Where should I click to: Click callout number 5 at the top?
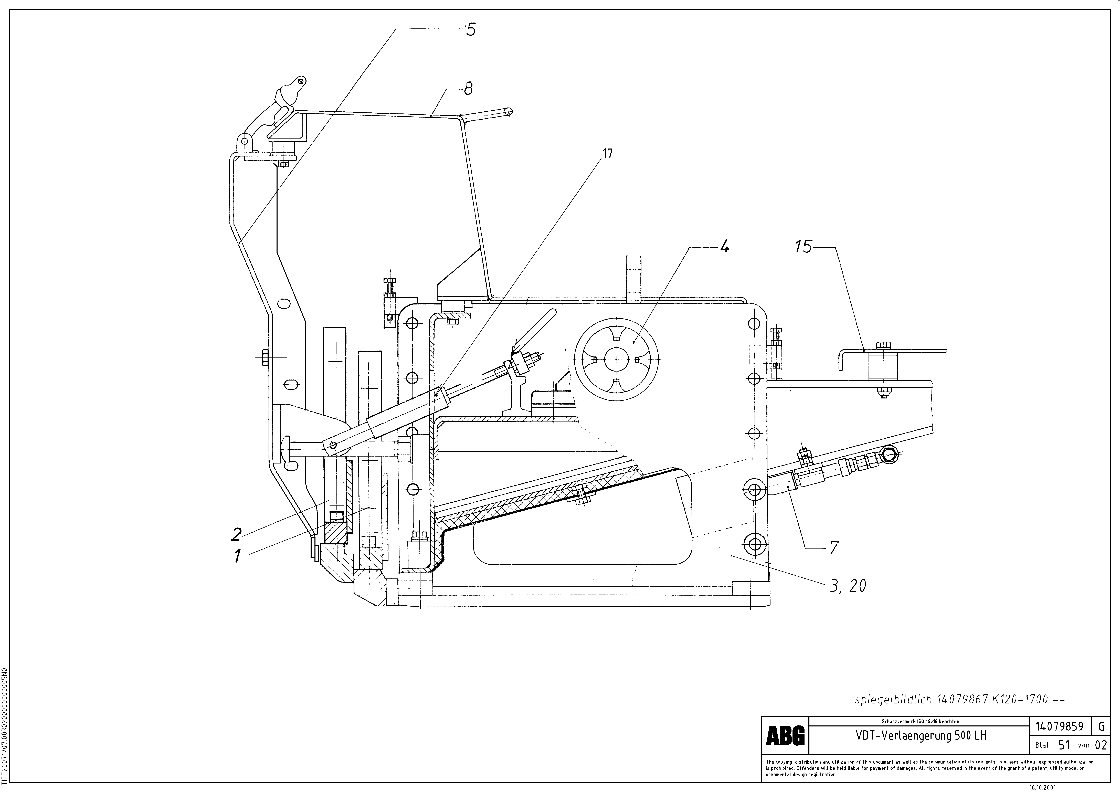click(470, 30)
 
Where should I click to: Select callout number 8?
click(468, 89)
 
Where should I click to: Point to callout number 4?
click(724, 247)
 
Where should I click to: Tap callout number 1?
click(238, 556)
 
